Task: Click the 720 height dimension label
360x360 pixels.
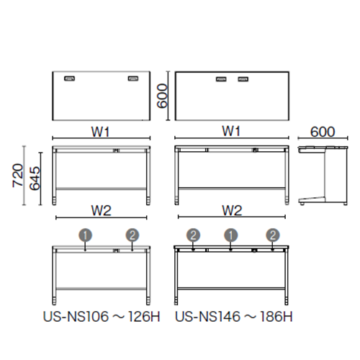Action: [x=18, y=175]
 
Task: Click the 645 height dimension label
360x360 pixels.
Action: [x=35, y=179]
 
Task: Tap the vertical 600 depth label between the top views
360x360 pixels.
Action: [x=162, y=96]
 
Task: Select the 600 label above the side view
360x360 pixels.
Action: [x=323, y=132]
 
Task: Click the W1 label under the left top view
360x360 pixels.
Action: [x=100, y=132]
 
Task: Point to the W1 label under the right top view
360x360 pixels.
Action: [x=231, y=131]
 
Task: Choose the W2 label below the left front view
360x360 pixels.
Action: [x=101, y=210]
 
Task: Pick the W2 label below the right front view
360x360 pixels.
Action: [x=232, y=210]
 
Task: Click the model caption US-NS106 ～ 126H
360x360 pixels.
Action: [x=102, y=317]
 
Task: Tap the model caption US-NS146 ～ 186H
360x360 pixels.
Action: [x=234, y=317]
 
